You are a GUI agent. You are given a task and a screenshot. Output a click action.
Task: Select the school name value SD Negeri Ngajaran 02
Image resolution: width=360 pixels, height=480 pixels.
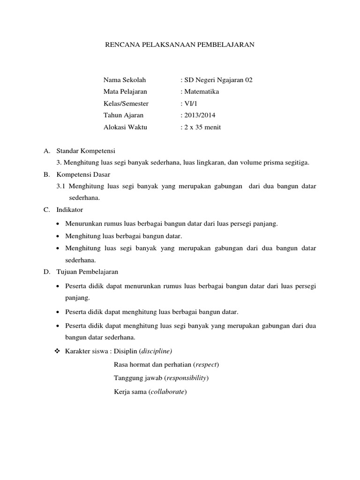[218, 80]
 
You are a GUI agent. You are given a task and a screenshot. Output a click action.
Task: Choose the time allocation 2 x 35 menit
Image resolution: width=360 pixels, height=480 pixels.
[202, 127]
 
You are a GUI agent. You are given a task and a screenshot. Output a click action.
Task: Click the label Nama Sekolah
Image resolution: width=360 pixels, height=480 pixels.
[121, 80]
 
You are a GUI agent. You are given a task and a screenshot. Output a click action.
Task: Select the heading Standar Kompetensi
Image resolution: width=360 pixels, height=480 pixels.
[85, 151]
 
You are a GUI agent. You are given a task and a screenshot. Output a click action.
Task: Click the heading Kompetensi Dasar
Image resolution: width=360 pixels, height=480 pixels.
[83, 174]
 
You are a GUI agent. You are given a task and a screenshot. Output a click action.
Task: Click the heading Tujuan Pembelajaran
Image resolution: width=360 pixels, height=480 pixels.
[87, 271]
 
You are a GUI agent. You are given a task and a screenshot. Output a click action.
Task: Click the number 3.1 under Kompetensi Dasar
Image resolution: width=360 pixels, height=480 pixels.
[60, 186]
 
